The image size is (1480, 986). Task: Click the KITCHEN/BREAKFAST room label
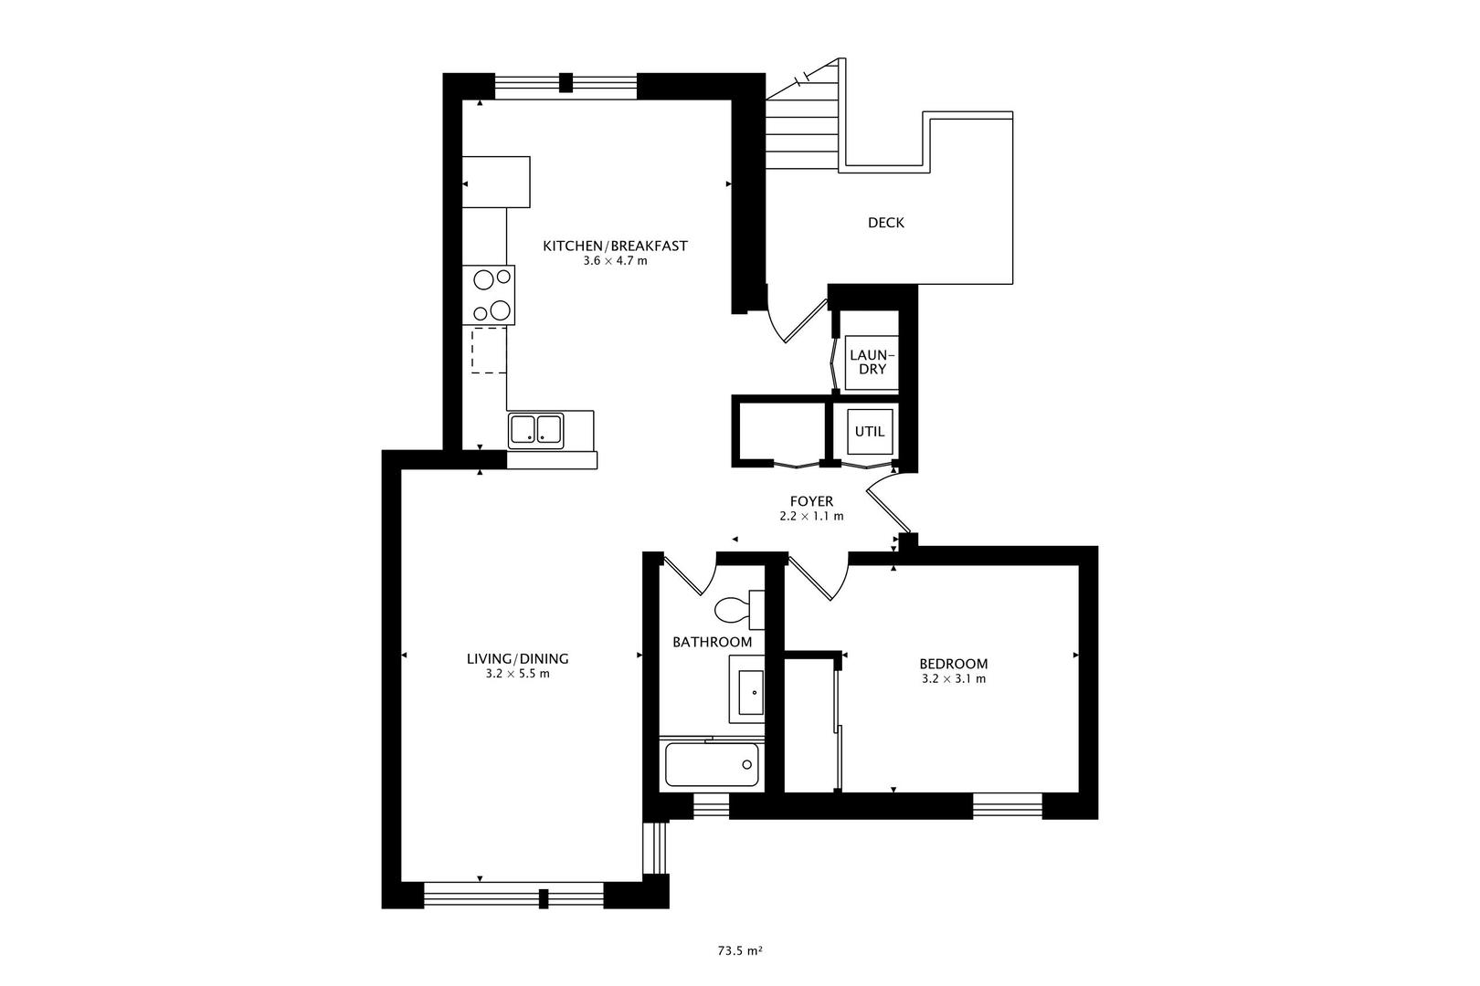[615, 246]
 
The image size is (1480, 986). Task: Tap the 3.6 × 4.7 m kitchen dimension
[615, 261]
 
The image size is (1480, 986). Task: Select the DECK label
[885, 223]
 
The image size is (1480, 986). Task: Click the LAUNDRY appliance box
[867, 362]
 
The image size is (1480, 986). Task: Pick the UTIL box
[869, 431]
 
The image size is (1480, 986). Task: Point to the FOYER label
[811, 501]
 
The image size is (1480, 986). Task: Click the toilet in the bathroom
[732, 609]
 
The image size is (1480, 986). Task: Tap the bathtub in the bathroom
[711, 765]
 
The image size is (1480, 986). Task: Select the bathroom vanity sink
[750, 692]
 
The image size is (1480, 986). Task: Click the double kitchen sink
[535, 429]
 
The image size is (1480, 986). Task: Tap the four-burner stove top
[488, 295]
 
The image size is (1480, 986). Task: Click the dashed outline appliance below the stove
[489, 351]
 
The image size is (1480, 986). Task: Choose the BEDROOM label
[953, 664]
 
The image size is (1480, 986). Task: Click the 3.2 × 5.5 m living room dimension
[518, 674]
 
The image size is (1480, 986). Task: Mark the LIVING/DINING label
[518, 658]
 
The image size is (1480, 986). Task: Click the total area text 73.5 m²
[739, 950]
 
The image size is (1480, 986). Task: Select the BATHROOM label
[712, 642]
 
